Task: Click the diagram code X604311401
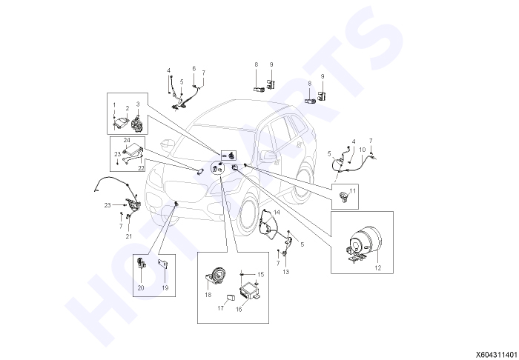click(497, 354)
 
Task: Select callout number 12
click(377, 267)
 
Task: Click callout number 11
click(352, 191)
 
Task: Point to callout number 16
click(239, 310)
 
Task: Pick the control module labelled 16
click(250, 290)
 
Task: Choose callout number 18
click(208, 295)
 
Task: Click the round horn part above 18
click(216, 276)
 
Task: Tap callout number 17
click(220, 308)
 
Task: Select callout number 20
click(141, 288)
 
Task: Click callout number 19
click(165, 288)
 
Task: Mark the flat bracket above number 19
click(163, 264)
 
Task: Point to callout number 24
click(127, 141)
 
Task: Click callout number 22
click(141, 168)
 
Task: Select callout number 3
click(138, 104)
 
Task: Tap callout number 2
click(127, 108)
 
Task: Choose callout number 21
click(129, 236)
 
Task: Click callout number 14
click(277, 212)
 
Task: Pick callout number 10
click(363, 150)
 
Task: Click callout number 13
click(285, 272)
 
